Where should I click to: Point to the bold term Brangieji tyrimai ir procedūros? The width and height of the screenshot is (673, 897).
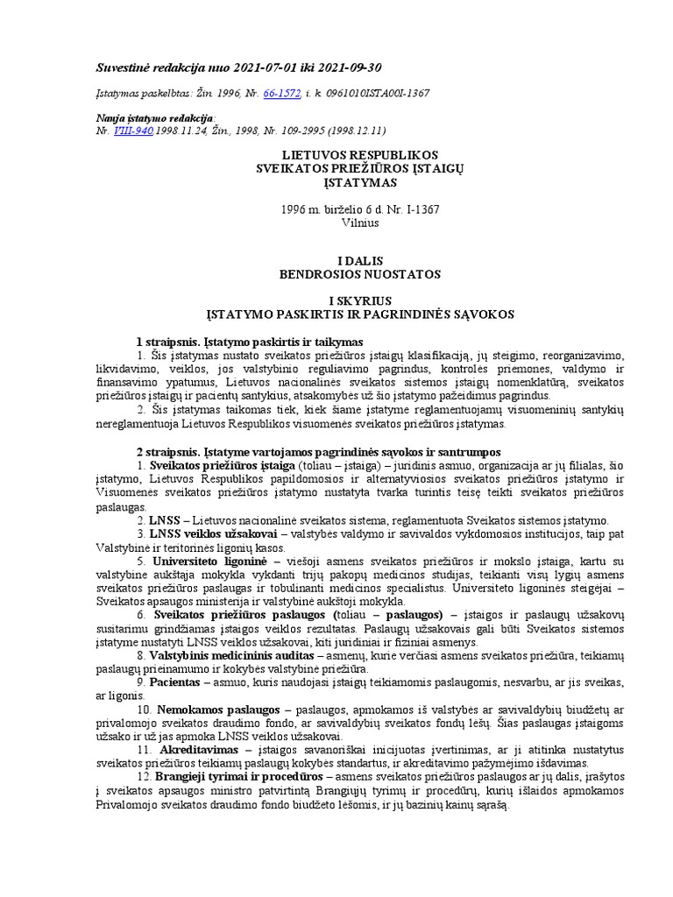tap(238, 776)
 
